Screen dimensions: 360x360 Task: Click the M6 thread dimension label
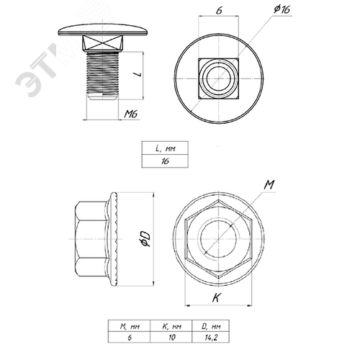[131, 114]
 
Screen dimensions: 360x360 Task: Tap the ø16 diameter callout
[282, 9]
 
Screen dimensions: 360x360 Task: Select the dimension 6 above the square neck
[219, 10]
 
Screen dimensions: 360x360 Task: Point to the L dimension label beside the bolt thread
[138, 74]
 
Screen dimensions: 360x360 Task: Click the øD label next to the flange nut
[145, 239]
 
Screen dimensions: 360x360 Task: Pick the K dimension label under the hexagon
[216, 298]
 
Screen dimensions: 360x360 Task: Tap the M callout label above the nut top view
[269, 185]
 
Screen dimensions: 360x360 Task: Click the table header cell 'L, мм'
[165, 148]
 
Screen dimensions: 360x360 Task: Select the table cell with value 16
[165, 161]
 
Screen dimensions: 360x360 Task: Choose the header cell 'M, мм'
[129, 326]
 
